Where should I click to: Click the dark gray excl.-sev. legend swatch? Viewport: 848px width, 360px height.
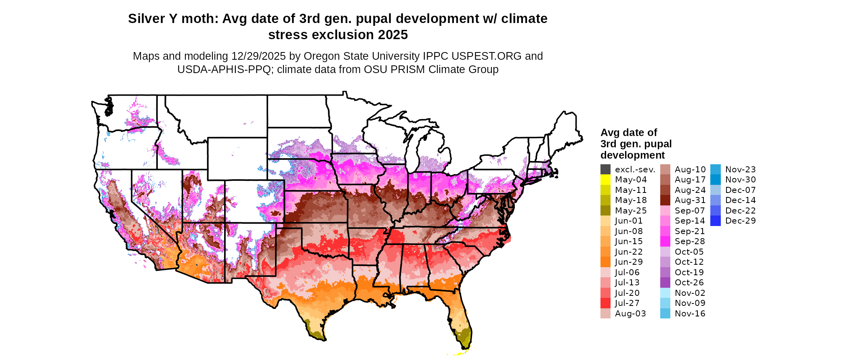[605, 170]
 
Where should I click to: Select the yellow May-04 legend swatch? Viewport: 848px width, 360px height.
[605, 180]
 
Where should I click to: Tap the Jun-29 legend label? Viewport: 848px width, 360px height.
[629, 262]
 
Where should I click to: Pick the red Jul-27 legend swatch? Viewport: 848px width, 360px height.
[605, 303]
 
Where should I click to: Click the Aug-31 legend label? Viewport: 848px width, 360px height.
[690, 200]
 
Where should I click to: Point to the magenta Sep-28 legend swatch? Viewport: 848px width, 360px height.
[665, 241]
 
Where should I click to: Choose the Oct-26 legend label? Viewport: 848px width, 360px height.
[689, 283]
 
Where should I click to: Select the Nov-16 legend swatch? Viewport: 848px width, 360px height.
[665, 314]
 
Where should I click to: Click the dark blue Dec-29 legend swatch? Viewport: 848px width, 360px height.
[715, 221]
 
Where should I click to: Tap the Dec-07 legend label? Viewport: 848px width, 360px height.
[740, 190]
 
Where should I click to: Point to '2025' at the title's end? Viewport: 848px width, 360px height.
[393, 35]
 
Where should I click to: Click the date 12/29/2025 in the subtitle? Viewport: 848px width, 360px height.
[258, 56]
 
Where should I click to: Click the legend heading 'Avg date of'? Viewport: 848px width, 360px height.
[628, 133]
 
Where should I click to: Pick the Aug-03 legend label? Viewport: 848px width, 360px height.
[630, 314]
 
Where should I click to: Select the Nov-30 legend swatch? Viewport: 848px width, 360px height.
[715, 180]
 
